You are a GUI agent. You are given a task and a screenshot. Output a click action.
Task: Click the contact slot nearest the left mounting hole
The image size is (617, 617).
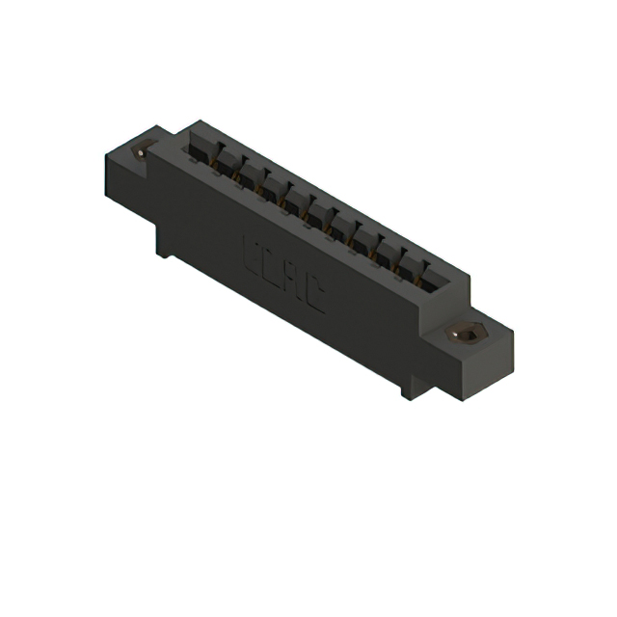click(x=201, y=150)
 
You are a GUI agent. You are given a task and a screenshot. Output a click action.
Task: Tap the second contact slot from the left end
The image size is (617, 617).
click(x=225, y=164)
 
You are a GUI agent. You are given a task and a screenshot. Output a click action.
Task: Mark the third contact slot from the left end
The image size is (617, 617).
click(x=249, y=178)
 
